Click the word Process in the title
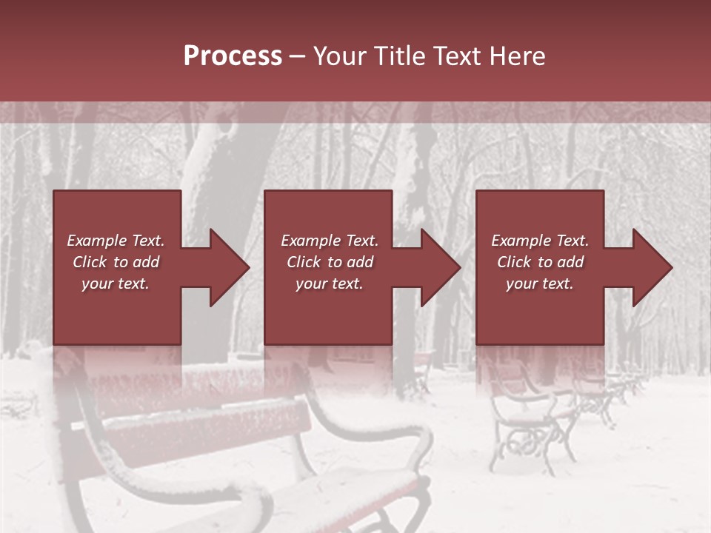coord(233,56)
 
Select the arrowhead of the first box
coord(228,267)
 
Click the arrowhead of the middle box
coord(439,267)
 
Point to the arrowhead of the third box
coord(651,267)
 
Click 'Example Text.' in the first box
coord(116,241)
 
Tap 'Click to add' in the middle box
coord(330,262)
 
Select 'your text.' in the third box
coord(539,284)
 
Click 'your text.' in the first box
coord(116,284)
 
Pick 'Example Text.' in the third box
coord(539,241)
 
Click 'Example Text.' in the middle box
coord(330,241)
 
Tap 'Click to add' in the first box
coord(116,262)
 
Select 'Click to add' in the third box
coord(539,262)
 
